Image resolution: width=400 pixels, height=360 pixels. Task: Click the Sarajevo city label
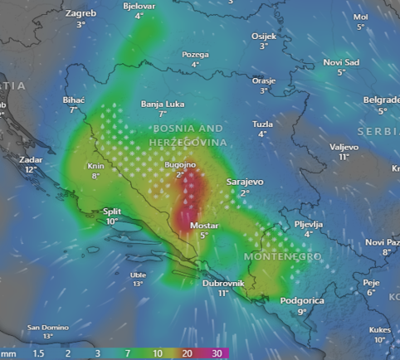(x=245, y=181)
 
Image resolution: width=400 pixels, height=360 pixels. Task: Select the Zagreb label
(x=80, y=14)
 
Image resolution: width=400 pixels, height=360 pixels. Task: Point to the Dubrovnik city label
(x=222, y=283)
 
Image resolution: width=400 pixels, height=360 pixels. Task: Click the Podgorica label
(x=301, y=301)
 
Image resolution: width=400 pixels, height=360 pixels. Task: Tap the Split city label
(x=111, y=211)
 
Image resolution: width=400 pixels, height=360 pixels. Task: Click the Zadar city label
(x=32, y=158)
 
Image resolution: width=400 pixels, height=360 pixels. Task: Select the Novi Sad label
(x=341, y=62)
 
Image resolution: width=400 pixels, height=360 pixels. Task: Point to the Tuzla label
(x=262, y=124)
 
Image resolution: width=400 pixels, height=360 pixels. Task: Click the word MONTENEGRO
(x=282, y=257)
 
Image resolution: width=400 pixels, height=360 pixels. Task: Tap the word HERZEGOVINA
(x=188, y=143)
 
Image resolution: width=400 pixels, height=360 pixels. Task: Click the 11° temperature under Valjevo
(x=344, y=157)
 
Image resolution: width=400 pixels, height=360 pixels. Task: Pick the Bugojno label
(x=180, y=165)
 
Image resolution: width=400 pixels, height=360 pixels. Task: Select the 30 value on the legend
(x=217, y=353)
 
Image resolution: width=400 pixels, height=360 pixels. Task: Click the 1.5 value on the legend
(x=38, y=353)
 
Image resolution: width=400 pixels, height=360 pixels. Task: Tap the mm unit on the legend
(x=8, y=353)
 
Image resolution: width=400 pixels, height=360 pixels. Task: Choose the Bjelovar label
(x=139, y=5)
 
